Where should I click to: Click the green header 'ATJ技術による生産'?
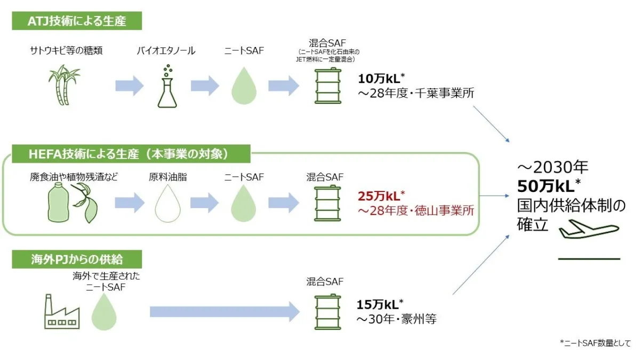click(77, 21)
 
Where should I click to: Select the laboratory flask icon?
click(167, 86)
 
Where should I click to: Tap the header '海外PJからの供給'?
click(77, 260)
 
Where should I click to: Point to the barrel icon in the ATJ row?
click(324, 86)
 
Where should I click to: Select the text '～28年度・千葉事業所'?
click(415, 93)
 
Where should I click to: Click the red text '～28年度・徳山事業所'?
click(415, 211)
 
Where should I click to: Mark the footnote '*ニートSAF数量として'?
click(595, 343)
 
